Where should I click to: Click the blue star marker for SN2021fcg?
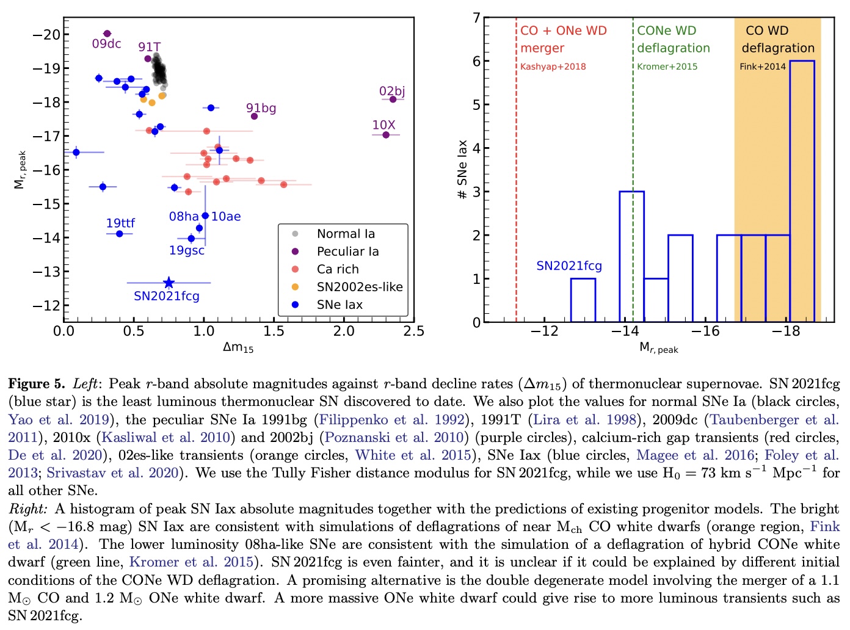tap(169, 283)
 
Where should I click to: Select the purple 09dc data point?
tap(107, 34)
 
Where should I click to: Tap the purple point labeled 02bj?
tap(393, 99)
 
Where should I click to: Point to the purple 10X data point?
tap(386, 134)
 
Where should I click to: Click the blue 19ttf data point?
tap(120, 234)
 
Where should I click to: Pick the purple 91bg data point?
tap(255, 116)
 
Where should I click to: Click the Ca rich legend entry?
tap(337, 269)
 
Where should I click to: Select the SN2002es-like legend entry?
tap(359, 287)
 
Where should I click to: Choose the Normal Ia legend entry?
tap(346, 234)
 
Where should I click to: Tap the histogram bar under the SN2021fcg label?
tap(583, 300)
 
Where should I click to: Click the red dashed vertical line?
tap(517, 183)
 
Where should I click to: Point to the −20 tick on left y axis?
tap(46, 34)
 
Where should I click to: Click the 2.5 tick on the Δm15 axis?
tap(413, 331)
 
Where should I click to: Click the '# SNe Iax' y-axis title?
tap(462, 170)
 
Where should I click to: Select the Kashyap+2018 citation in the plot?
tap(553, 67)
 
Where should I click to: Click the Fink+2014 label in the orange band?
tap(762, 67)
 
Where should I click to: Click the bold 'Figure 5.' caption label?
tap(36, 384)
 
